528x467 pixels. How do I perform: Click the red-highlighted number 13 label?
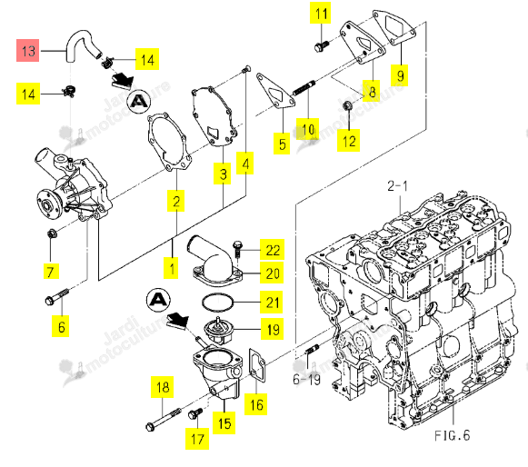(x=28, y=51)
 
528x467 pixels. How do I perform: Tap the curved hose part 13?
(x=75, y=36)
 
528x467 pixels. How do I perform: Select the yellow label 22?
(x=272, y=250)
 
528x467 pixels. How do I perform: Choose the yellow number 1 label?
(x=172, y=268)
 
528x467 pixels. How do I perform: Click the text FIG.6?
(x=452, y=435)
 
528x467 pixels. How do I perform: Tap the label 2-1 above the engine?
(x=397, y=186)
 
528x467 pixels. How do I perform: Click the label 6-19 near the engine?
(x=306, y=380)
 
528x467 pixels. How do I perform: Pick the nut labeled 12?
(x=347, y=106)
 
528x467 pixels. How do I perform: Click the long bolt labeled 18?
(x=164, y=419)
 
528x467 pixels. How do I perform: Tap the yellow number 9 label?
(x=400, y=75)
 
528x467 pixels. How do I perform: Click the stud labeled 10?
(x=304, y=88)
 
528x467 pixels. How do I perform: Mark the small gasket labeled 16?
(x=257, y=366)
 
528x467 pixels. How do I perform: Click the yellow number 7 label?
(x=51, y=272)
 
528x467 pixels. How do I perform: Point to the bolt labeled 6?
(x=56, y=295)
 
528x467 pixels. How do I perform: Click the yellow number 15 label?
(x=224, y=423)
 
